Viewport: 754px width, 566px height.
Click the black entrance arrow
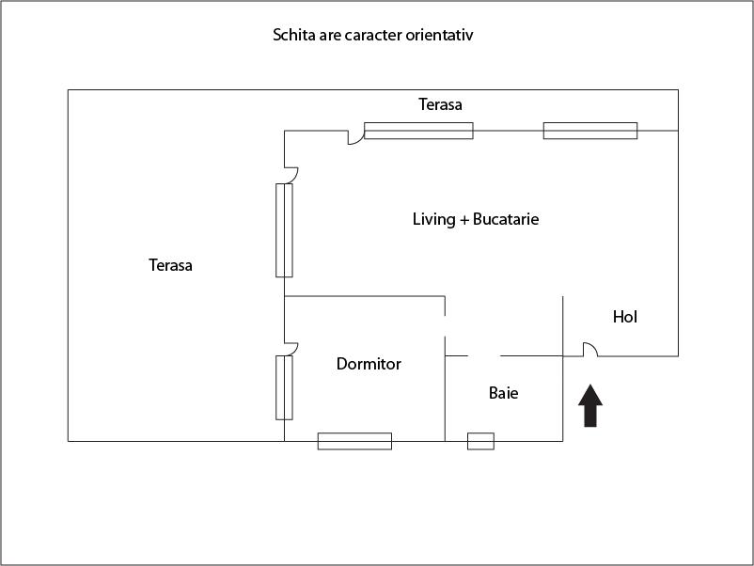(x=590, y=406)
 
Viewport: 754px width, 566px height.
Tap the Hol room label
(x=625, y=317)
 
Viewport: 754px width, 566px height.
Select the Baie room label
(x=504, y=393)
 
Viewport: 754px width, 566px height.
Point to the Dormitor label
(x=369, y=364)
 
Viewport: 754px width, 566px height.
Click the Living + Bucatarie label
(x=476, y=219)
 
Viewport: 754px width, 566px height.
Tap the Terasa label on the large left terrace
(x=170, y=265)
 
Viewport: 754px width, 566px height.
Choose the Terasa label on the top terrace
(x=441, y=104)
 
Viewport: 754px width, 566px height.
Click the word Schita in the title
(x=293, y=36)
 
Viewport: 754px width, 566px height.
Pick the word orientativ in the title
(x=449, y=36)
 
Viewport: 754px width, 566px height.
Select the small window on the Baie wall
(x=480, y=441)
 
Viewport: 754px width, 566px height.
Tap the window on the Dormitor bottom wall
(x=354, y=441)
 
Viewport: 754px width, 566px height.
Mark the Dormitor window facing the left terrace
(x=284, y=387)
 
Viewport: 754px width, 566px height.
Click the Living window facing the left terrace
(x=284, y=230)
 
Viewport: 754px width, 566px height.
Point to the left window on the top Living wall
(x=418, y=131)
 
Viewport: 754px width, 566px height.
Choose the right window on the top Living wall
(x=590, y=131)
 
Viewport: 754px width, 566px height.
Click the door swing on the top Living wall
(x=355, y=137)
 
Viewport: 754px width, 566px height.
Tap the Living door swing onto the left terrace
(x=291, y=174)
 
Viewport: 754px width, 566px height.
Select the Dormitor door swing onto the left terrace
(x=291, y=348)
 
